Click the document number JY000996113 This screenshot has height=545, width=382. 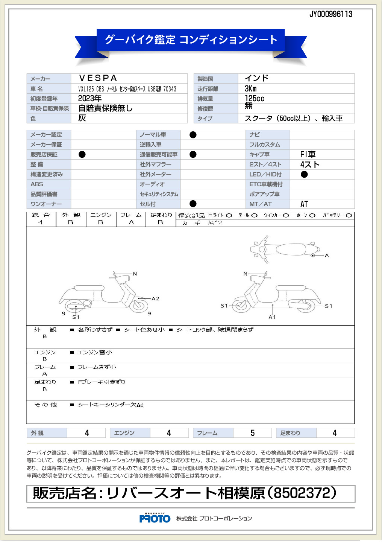click(331, 14)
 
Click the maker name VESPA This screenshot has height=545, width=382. click(98, 78)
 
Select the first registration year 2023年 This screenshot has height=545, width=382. click(90, 99)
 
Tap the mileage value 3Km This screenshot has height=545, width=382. click(251, 89)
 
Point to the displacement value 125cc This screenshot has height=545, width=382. click(255, 99)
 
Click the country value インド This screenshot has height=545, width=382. click(257, 78)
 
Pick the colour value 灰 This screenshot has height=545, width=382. click(82, 118)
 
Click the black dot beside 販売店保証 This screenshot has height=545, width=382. click(82, 154)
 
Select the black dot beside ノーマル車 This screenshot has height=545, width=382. click(193, 135)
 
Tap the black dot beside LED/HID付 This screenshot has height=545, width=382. click(304, 174)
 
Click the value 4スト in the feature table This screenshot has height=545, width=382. click(310, 164)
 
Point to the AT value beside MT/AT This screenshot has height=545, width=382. click(304, 204)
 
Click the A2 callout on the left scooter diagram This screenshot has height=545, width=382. click(155, 299)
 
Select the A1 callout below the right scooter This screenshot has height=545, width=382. click(272, 317)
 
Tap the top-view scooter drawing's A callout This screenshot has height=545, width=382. click(327, 256)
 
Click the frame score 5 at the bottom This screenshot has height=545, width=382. click(253, 433)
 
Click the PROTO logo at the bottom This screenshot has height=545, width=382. click(155, 519)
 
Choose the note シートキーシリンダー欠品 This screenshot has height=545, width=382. click(111, 405)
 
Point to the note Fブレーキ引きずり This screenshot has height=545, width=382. click(102, 382)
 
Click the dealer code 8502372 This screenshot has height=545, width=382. click(301, 493)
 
